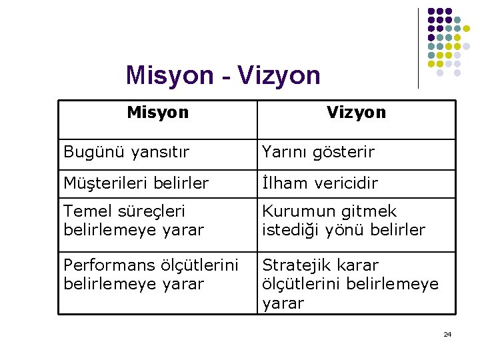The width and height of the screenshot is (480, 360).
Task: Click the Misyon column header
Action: pos(158,112)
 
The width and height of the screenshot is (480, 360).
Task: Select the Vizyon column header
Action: pos(356,112)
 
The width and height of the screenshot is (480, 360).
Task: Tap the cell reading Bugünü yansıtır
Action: pos(126,152)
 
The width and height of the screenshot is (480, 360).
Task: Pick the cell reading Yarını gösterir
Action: pos(318,152)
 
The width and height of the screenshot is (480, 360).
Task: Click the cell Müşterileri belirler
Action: pos(136,183)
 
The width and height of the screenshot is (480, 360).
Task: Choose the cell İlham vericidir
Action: pos(320,183)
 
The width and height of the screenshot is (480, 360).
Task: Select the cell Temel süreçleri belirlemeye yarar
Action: pos(133,221)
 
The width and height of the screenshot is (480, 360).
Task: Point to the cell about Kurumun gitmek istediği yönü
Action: pos(343,221)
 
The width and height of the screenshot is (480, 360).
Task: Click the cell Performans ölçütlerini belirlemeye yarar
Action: pos(151,274)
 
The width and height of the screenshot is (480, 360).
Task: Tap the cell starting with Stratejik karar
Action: pos(350,284)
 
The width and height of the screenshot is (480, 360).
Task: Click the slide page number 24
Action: pos(447,334)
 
